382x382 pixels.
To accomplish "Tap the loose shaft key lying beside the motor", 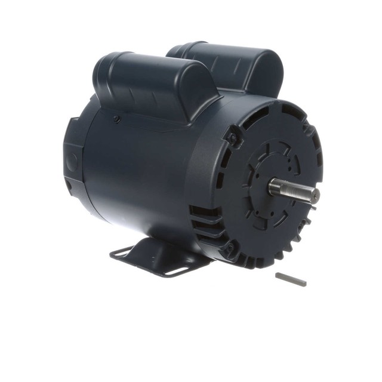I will [x=291, y=279].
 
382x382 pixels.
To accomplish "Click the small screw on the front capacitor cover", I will [x=117, y=119].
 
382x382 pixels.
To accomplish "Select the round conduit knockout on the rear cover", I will [x=72, y=160].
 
